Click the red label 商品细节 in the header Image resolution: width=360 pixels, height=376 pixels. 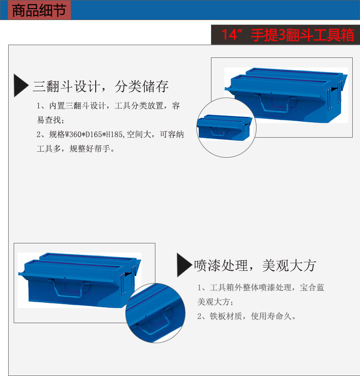(x=39, y=10)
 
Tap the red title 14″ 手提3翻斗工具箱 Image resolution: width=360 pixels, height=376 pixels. (x=288, y=35)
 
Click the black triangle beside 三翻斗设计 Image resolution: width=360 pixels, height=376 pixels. (x=21, y=85)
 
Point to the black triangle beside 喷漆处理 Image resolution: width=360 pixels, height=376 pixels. (x=185, y=265)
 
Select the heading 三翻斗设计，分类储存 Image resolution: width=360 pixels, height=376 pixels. (x=101, y=86)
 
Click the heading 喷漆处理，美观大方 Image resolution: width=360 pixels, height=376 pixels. (x=255, y=265)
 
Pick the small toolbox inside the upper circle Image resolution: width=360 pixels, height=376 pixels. (x=224, y=127)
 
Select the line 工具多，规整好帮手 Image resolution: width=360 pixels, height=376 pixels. (x=76, y=149)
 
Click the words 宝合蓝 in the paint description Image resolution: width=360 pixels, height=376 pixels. (x=312, y=287)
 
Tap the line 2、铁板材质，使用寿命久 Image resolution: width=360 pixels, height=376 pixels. (x=247, y=316)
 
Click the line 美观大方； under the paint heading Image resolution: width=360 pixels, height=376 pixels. (x=215, y=302)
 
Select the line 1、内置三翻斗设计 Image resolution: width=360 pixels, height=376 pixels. (x=71, y=106)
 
